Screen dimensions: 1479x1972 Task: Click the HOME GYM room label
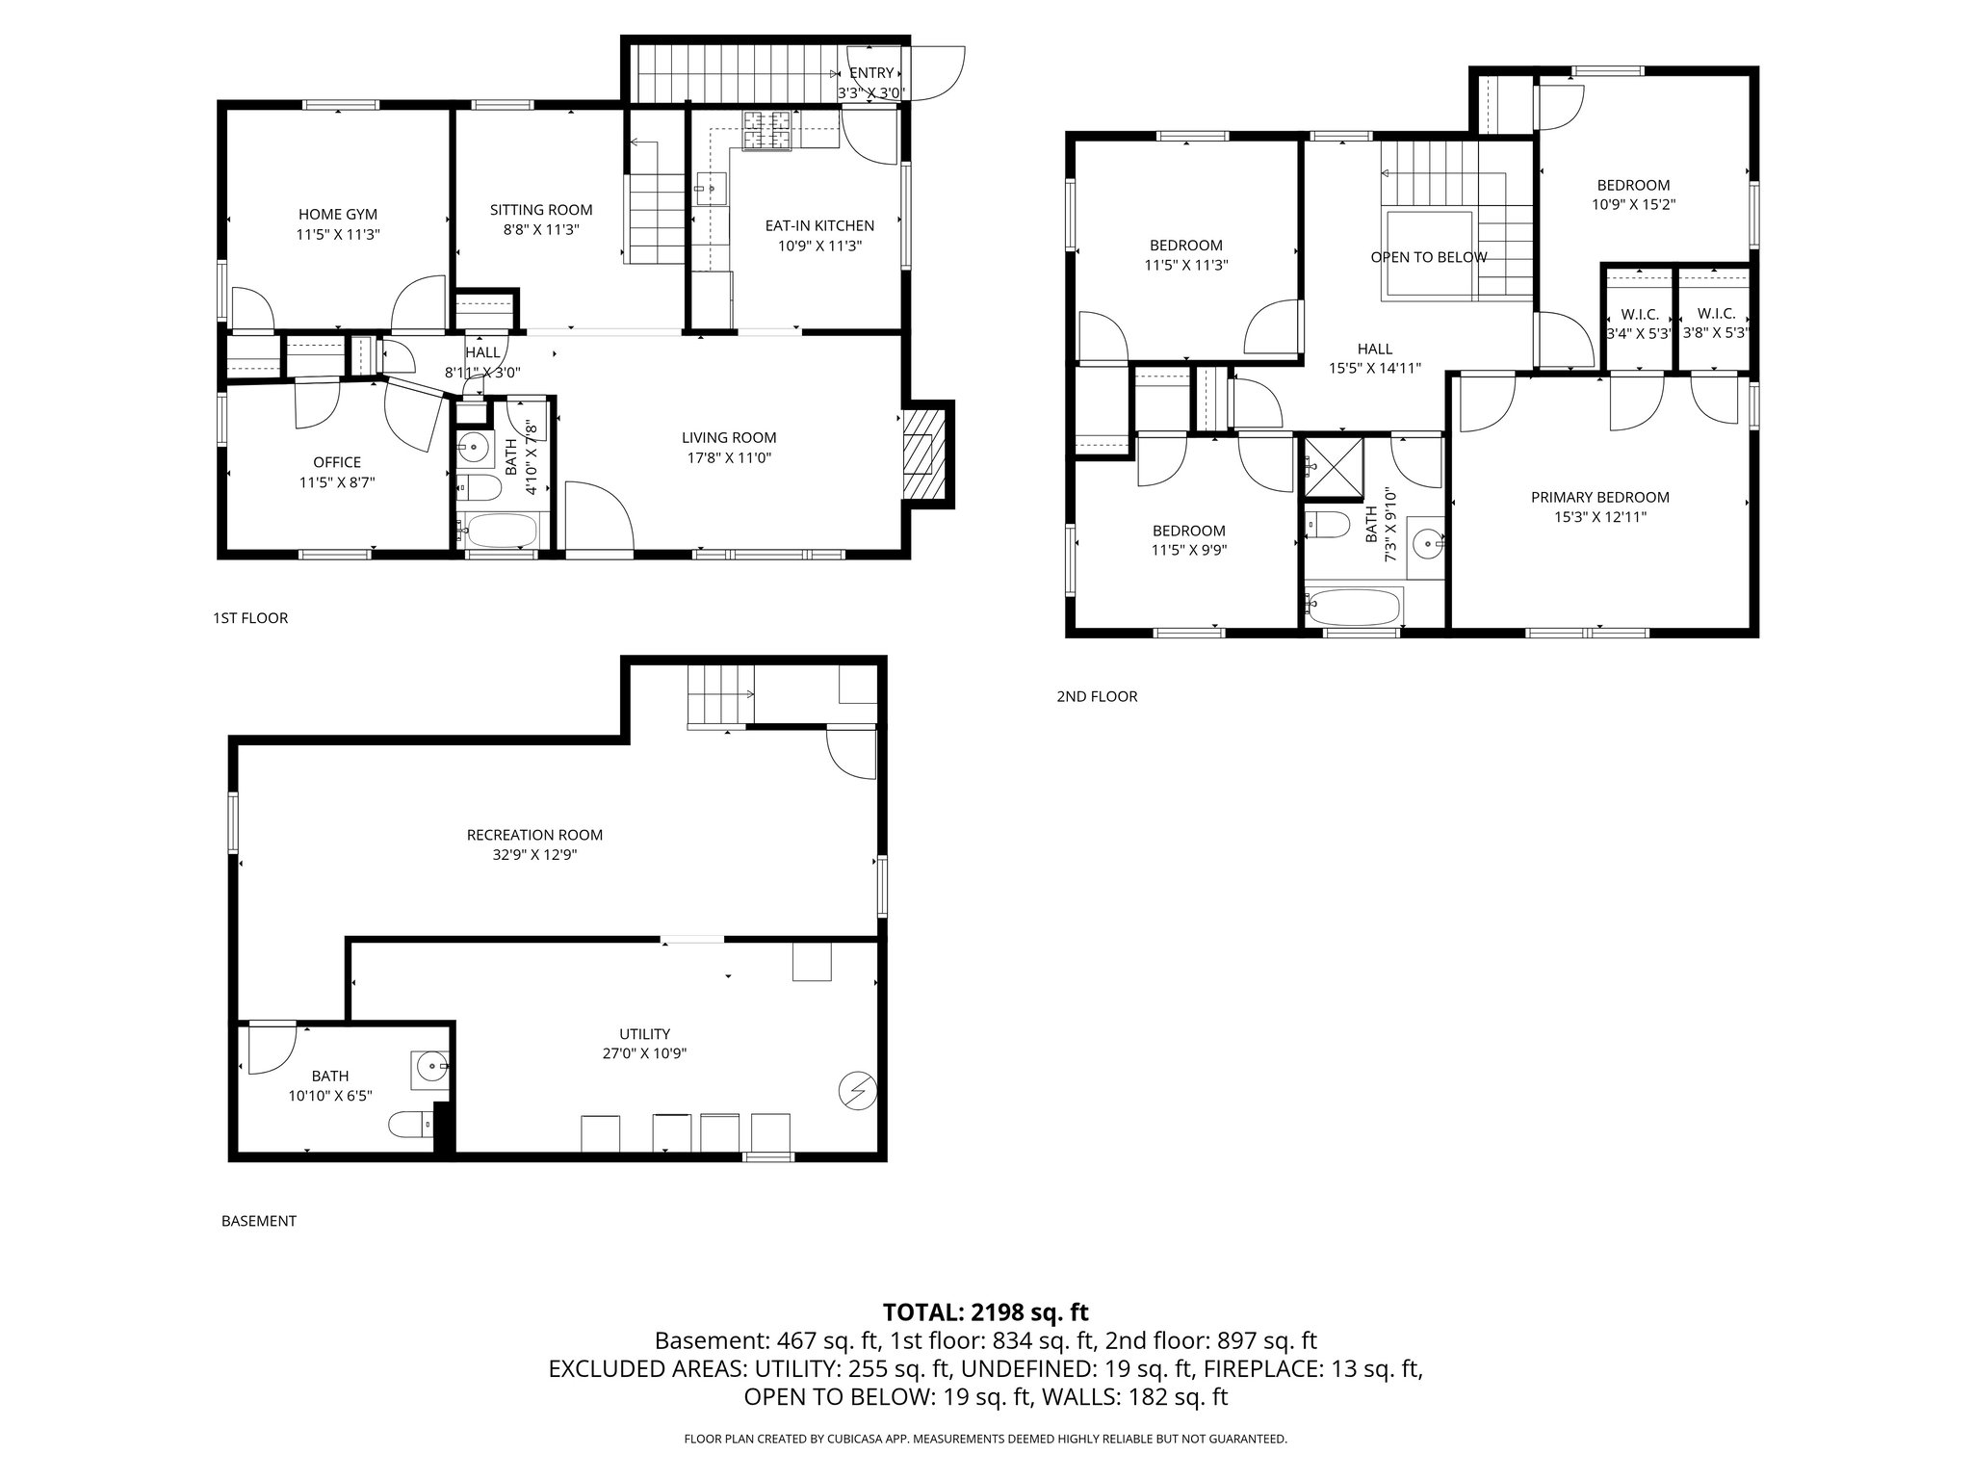pos(337,214)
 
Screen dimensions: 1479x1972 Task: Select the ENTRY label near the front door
pos(870,73)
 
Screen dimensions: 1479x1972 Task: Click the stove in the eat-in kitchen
pos(765,131)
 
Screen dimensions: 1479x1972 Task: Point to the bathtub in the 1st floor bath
pos(500,530)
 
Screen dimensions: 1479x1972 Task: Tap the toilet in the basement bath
pos(410,1125)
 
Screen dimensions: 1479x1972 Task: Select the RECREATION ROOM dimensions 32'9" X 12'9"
pos(534,855)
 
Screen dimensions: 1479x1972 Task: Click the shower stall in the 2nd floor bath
pos(1334,468)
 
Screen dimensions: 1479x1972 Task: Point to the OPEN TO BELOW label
pos(1428,257)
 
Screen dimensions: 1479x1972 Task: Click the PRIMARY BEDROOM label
pos(1599,497)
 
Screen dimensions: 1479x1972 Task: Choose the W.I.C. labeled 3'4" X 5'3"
pos(1636,333)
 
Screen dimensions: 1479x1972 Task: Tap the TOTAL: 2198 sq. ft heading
pos(985,1311)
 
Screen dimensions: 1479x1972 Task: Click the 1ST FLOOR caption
pos(250,618)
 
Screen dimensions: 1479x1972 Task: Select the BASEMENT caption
pos(259,1221)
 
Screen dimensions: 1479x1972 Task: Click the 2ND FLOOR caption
pos(1097,696)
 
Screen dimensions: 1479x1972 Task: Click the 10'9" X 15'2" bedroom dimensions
pos(1633,205)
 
